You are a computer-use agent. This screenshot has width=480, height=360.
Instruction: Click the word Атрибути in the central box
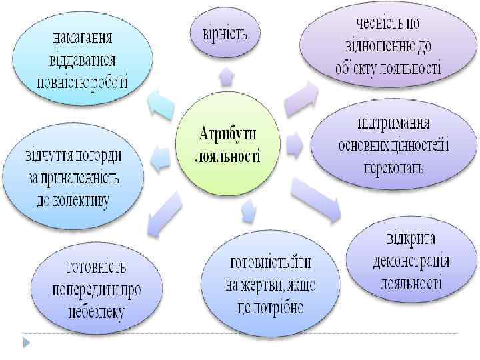(x=229, y=134)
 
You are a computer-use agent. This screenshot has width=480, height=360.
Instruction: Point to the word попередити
(x=97, y=290)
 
